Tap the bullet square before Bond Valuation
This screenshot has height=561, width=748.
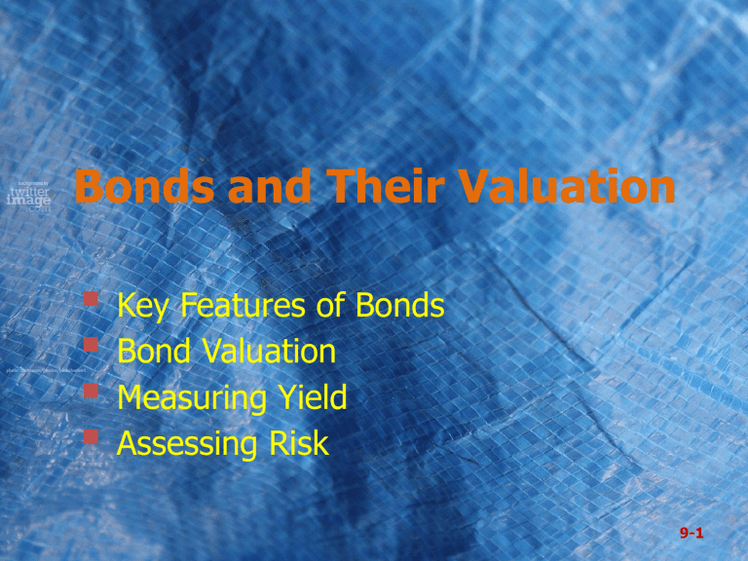tap(91, 346)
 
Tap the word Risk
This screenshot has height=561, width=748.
tap(297, 444)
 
